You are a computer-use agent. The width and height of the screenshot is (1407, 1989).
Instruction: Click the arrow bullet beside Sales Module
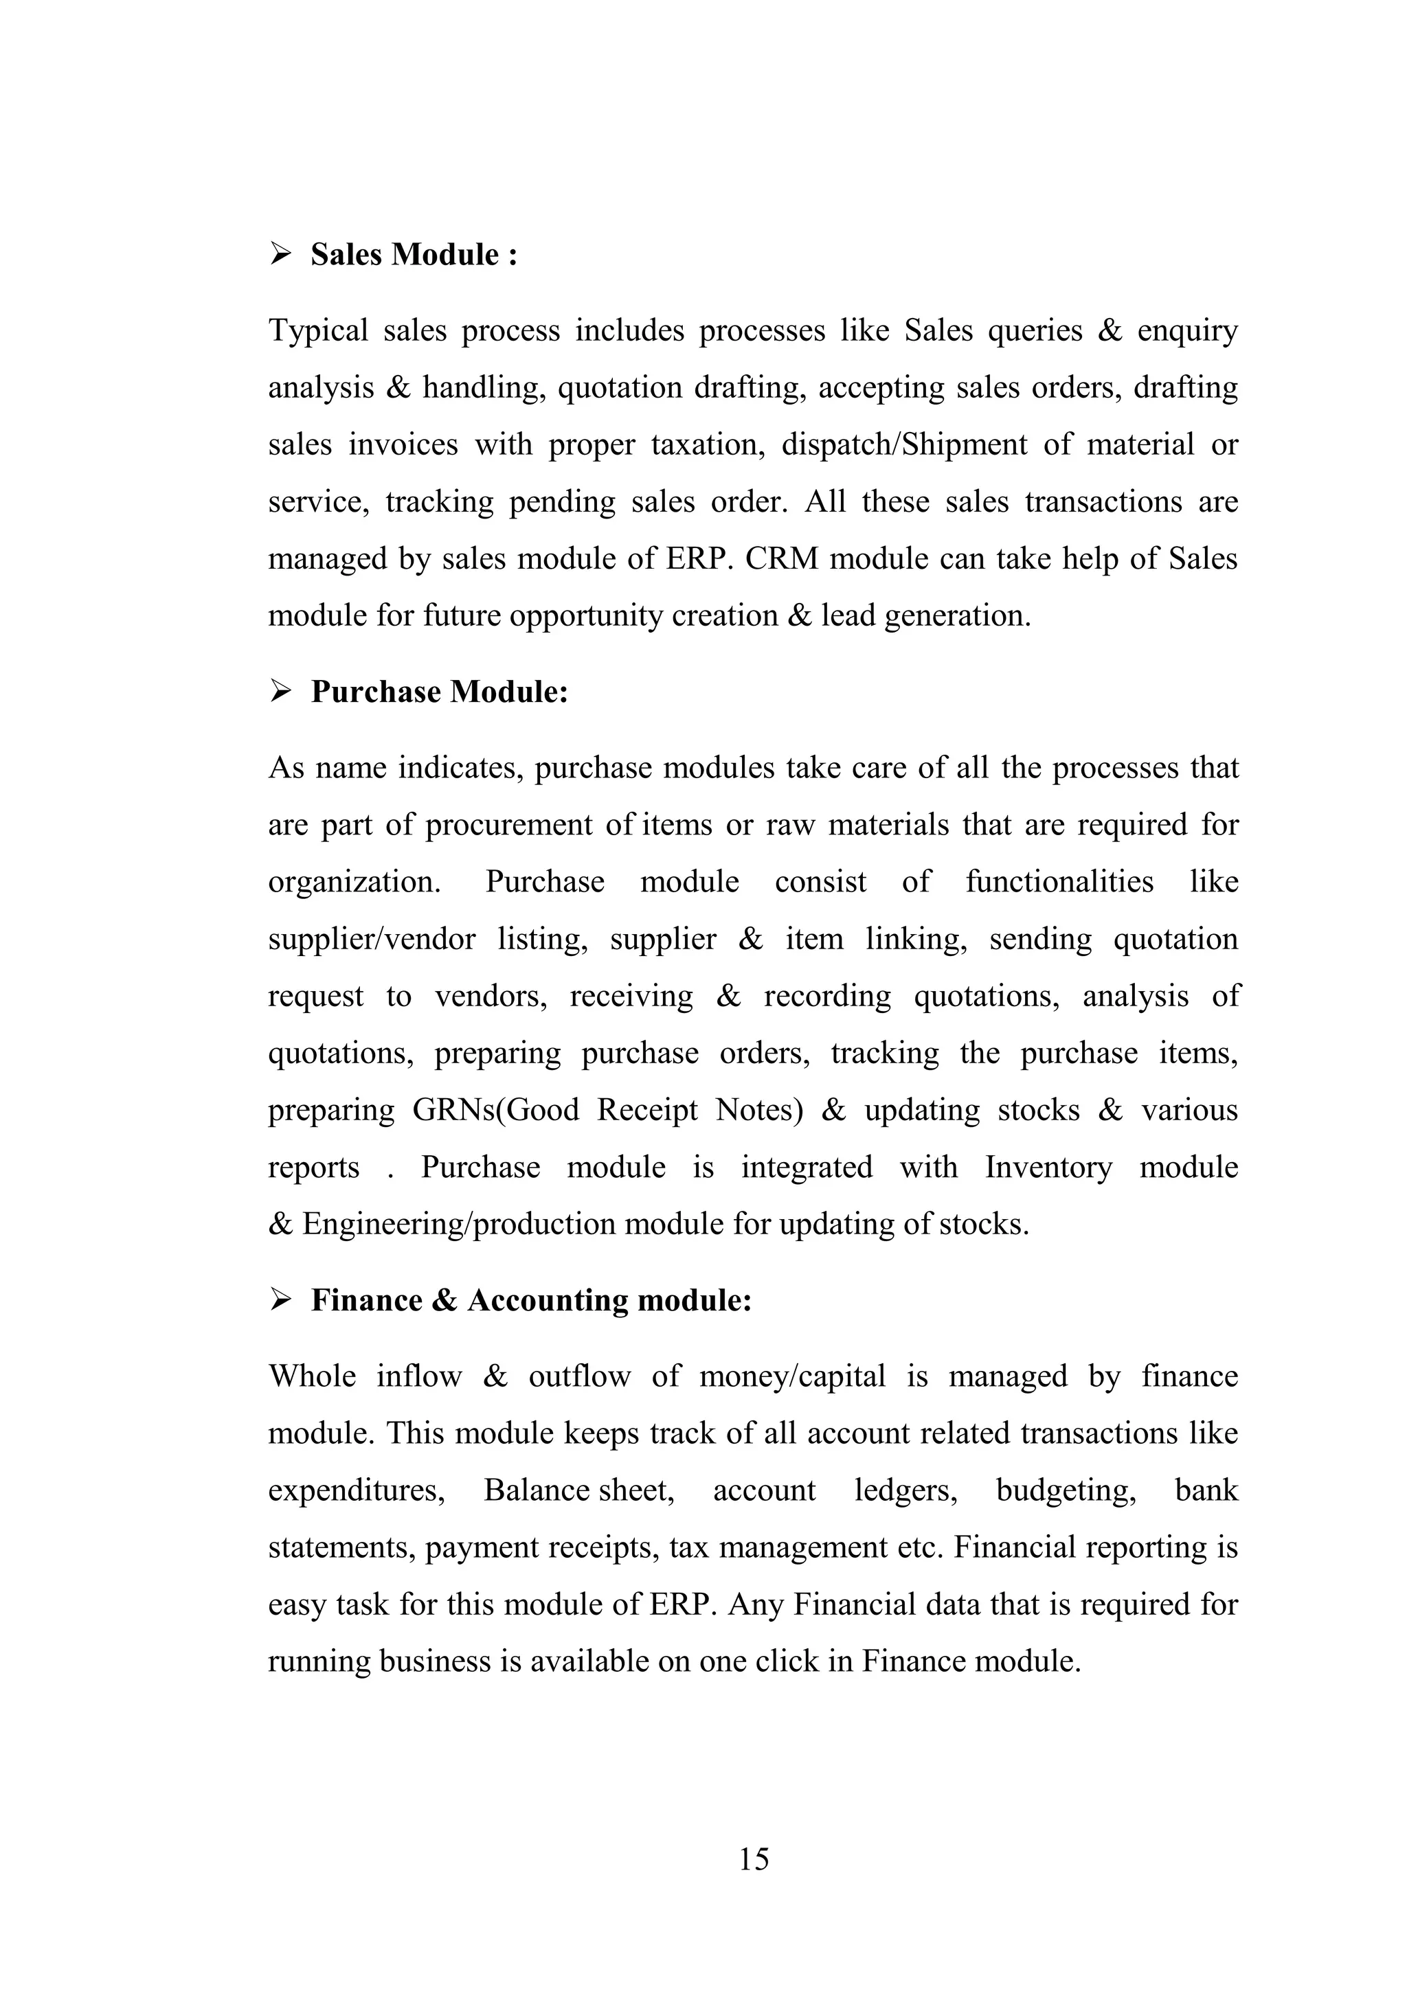281,254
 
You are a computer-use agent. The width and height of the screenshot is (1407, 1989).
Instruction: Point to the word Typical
318,330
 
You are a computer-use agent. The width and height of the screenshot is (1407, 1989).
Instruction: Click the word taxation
708,444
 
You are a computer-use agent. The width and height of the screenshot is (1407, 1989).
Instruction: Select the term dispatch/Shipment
903,444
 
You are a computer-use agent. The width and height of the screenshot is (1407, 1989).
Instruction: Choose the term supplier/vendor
372,939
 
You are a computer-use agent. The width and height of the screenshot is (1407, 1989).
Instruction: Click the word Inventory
1048,1167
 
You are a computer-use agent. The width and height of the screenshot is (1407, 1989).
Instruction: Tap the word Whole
312,1376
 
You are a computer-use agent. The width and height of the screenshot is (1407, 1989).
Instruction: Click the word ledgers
905,1490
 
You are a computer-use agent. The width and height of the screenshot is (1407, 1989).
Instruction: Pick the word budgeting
1066,1490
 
